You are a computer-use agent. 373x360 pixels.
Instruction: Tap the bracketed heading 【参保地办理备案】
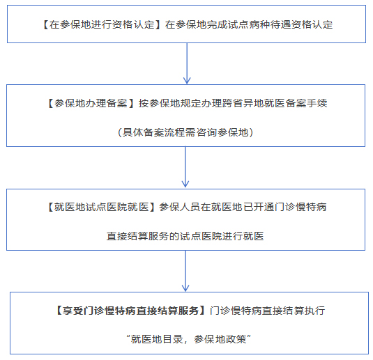[91, 103]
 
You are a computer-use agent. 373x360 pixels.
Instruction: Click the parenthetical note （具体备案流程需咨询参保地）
[185, 132]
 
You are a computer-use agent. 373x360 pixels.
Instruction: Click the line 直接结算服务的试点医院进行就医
[185, 236]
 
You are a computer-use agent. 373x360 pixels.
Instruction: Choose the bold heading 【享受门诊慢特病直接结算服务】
[130, 311]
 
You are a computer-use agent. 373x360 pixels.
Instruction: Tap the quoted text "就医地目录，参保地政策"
[189, 339]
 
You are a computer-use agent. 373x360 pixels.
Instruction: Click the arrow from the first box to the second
[187, 63]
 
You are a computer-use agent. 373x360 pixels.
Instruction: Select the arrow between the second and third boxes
[185, 167]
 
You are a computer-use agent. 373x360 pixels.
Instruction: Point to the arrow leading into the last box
[185, 271]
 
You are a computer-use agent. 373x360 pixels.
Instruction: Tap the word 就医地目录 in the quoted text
[157, 339]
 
